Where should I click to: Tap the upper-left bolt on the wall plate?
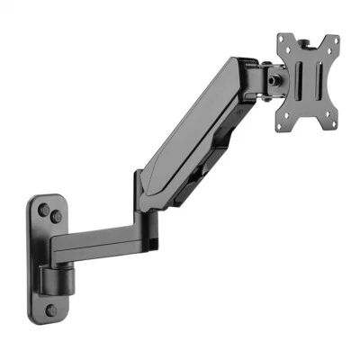pos(42,209)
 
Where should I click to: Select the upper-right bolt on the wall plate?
pos(56,217)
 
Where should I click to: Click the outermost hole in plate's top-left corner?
pos(281,39)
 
